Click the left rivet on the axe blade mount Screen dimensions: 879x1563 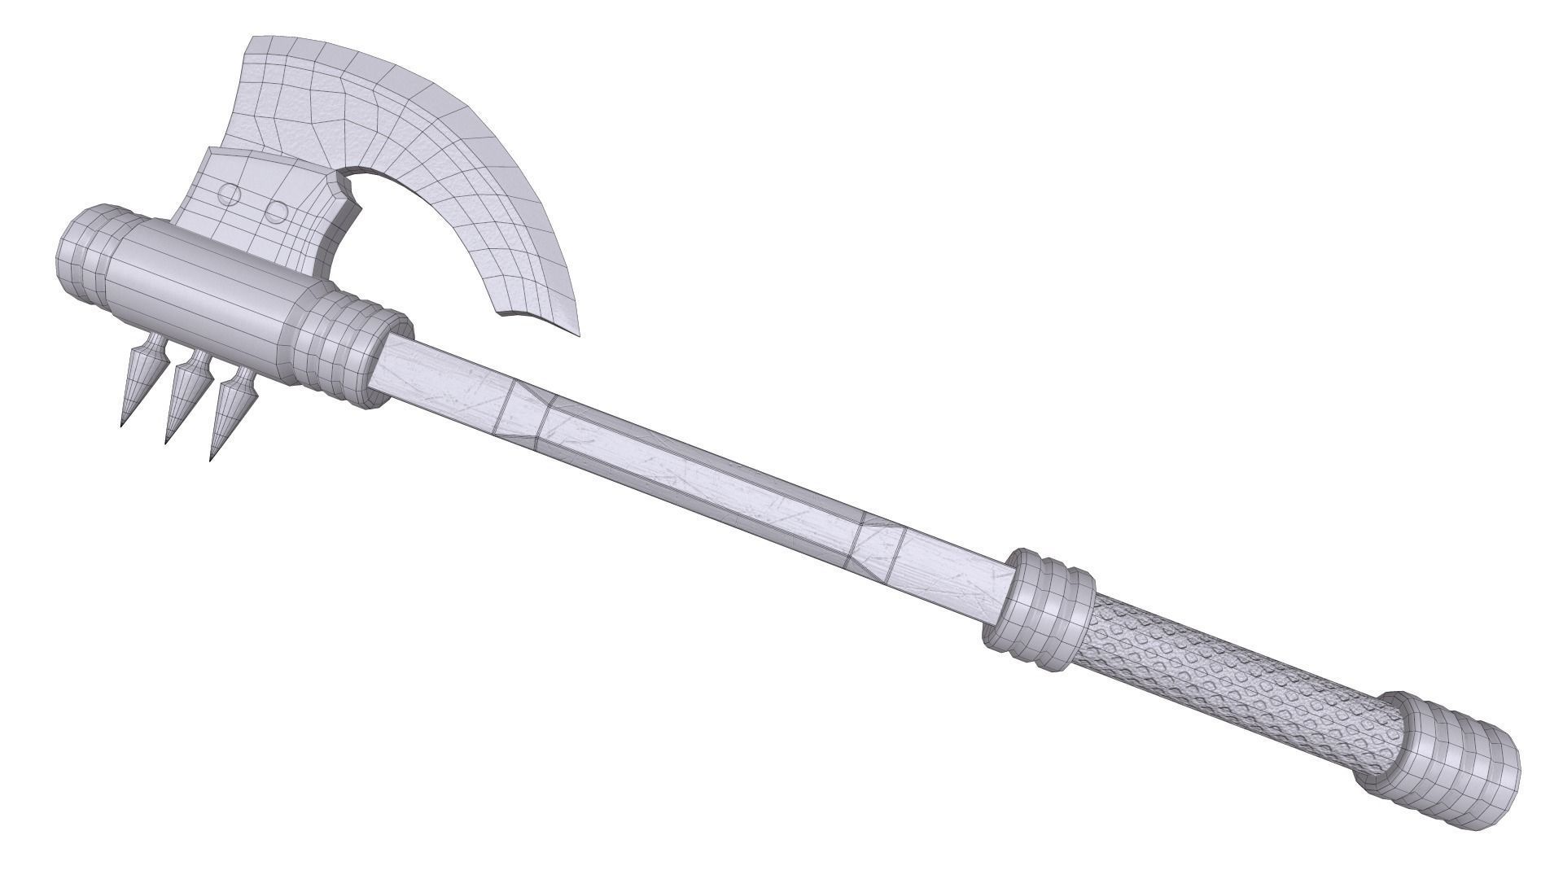[x=231, y=195]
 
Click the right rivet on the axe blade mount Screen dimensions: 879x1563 [x=277, y=212]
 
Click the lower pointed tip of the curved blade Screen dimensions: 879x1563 [x=580, y=334]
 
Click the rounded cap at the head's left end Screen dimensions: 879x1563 [x=83, y=252]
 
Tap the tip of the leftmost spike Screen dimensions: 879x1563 [x=122, y=426]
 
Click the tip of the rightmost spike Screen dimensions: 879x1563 [x=212, y=459]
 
